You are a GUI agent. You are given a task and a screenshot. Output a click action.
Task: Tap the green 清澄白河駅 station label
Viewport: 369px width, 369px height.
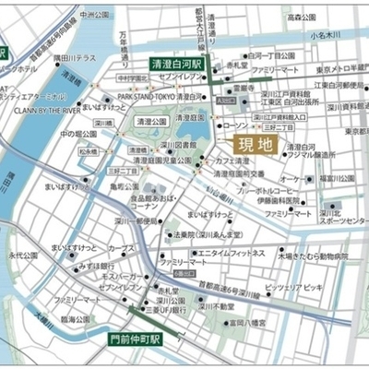[x=181, y=65]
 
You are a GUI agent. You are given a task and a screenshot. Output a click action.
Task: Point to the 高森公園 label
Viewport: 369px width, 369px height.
[x=303, y=17]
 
